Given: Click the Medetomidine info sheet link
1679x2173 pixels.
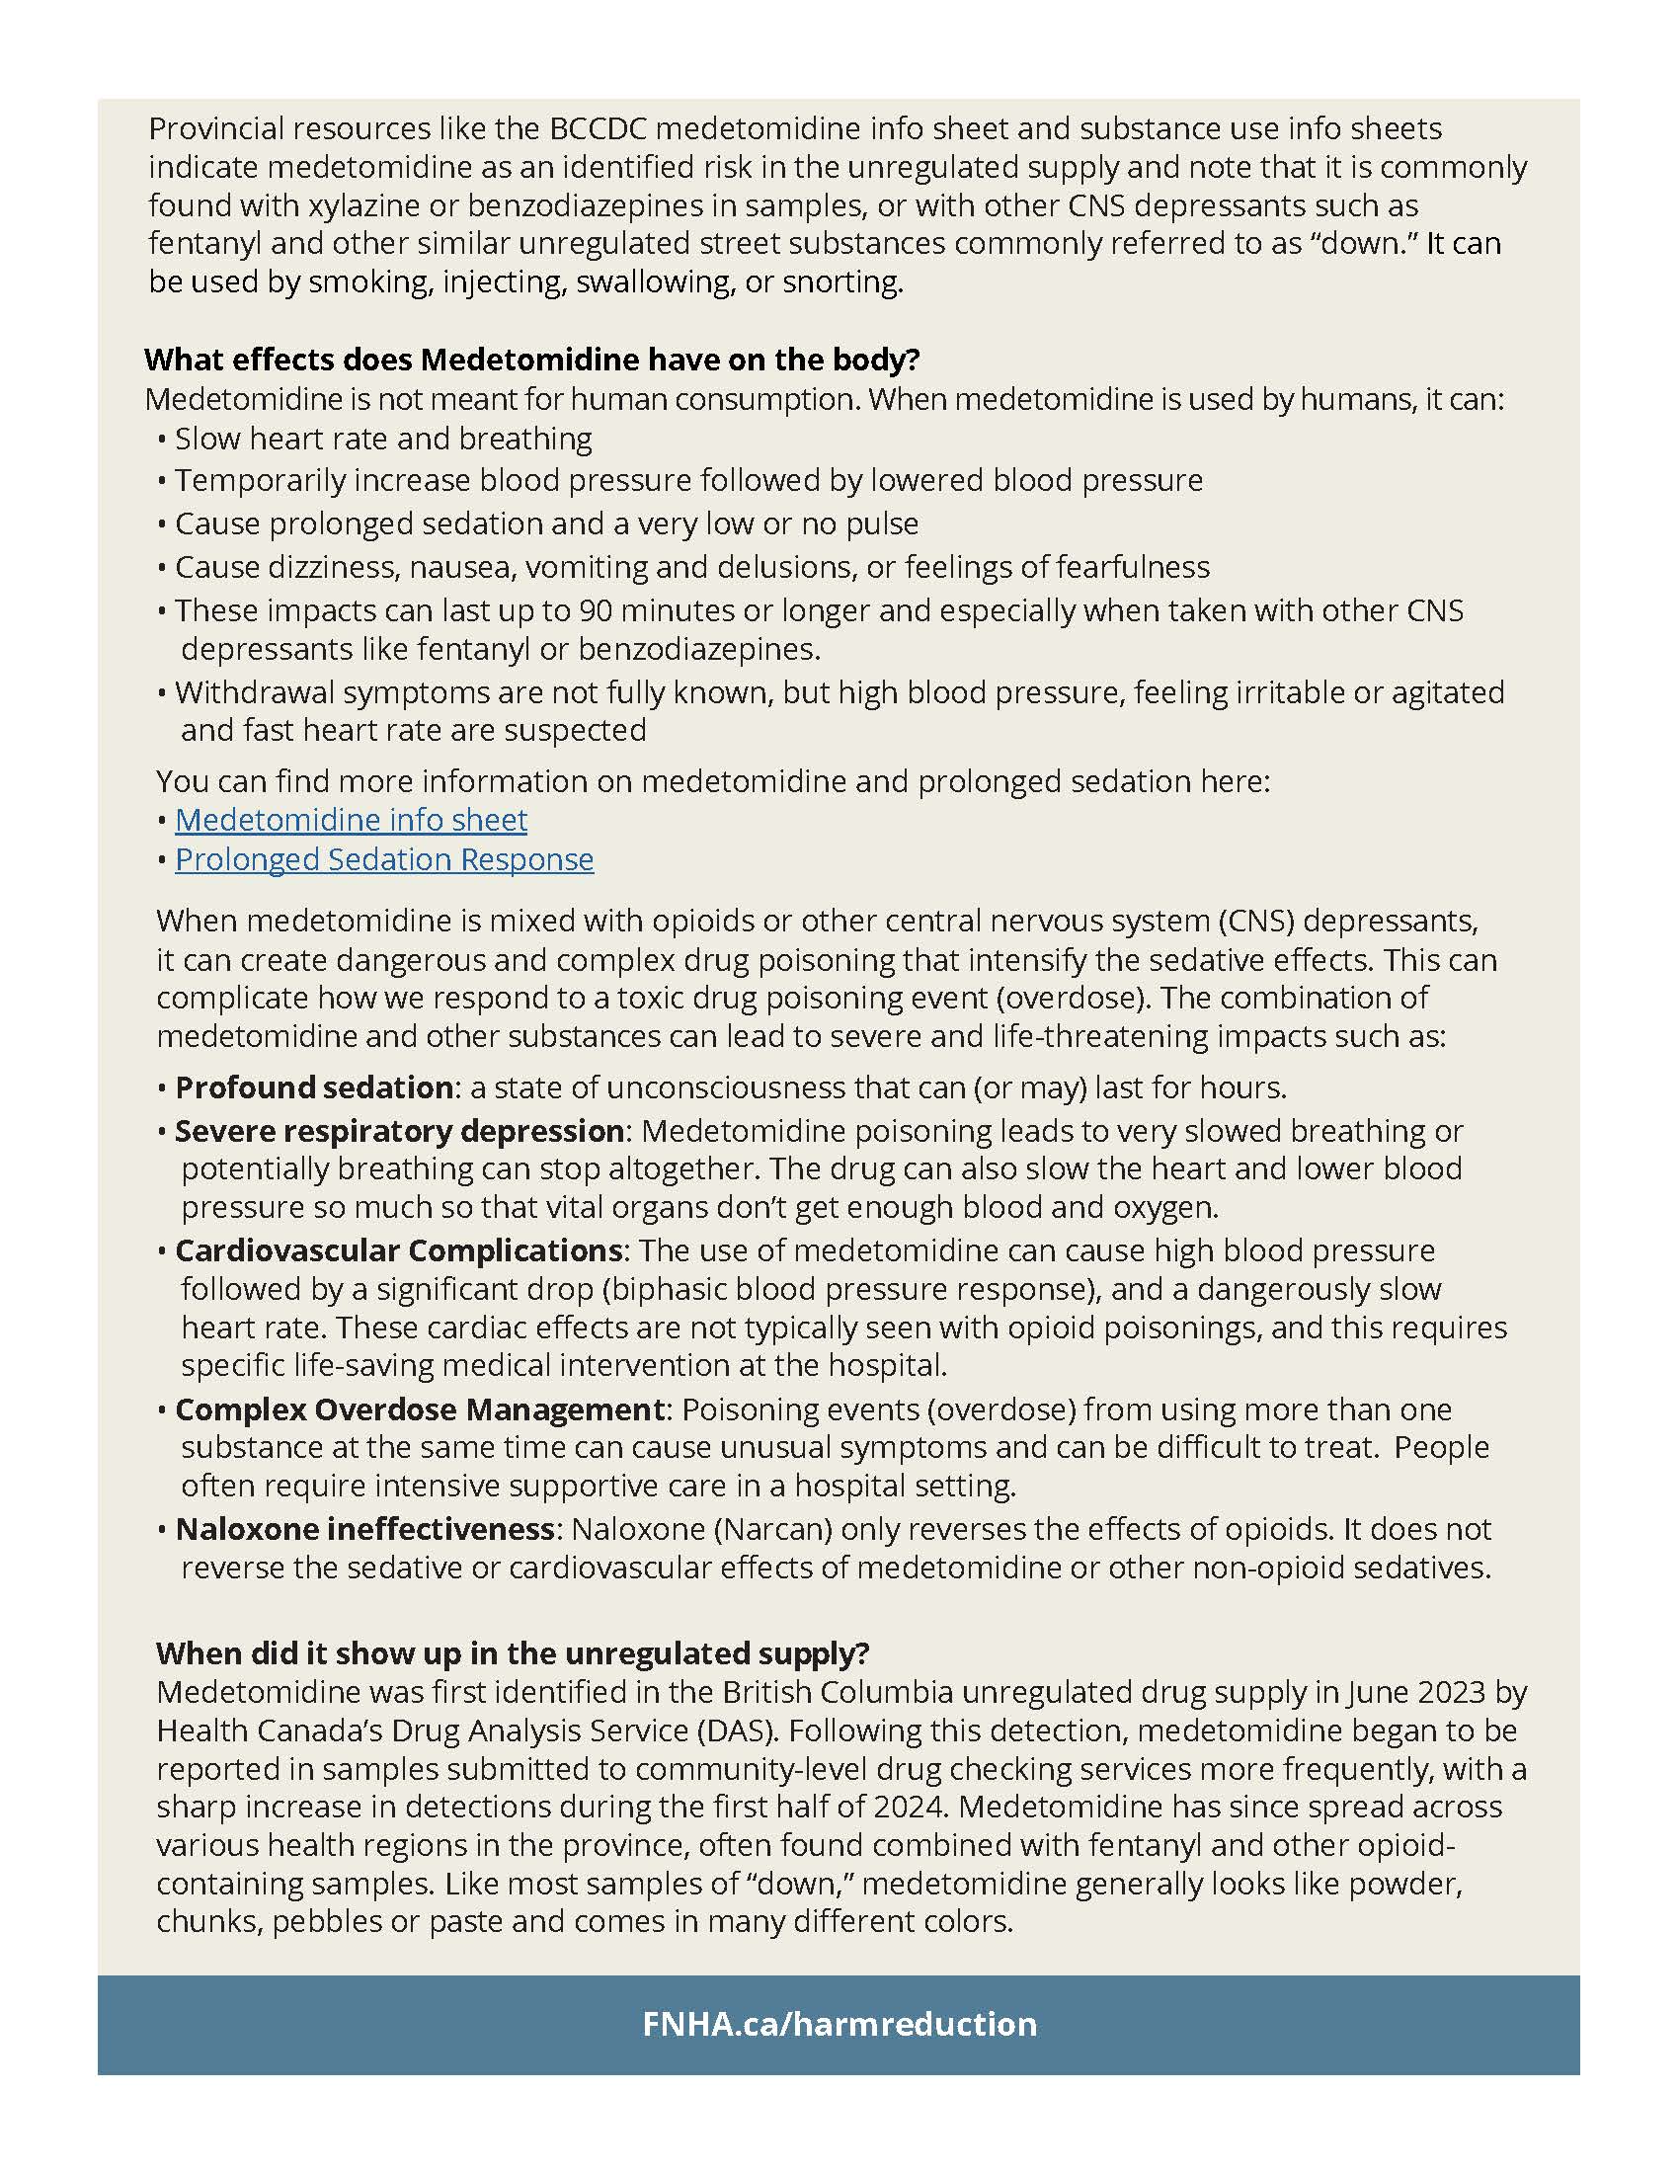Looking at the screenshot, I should point(352,820).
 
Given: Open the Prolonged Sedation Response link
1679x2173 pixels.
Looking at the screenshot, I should point(384,859).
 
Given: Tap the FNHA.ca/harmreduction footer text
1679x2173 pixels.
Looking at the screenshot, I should point(839,2024).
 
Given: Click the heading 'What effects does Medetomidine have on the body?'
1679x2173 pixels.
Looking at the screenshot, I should point(532,360).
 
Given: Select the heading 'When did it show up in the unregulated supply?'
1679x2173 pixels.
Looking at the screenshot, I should point(513,1652).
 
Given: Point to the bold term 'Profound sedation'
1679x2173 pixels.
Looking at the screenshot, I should point(314,1087).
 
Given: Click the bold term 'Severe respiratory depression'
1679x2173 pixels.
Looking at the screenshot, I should point(400,1131).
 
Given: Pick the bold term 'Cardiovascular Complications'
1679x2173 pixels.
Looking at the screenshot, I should point(399,1250).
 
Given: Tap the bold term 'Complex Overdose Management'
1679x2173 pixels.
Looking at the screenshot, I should point(420,1409).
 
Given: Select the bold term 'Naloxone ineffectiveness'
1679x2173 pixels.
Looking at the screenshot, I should point(365,1529).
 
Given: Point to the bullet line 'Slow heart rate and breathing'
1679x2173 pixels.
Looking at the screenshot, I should point(383,440).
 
